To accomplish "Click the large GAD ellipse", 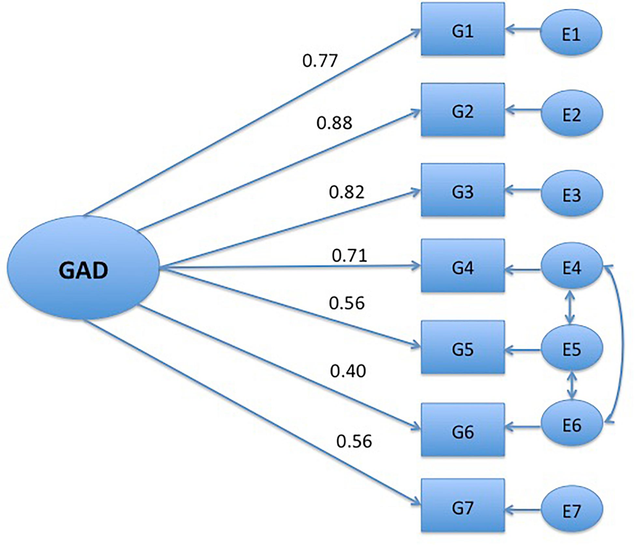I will click(x=83, y=271).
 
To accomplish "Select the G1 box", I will click(x=462, y=29).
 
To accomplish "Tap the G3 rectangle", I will click(x=462, y=190).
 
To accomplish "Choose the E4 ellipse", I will click(x=571, y=267).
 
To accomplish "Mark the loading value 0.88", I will click(x=334, y=123).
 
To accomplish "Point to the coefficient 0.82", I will click(x=347, y=192).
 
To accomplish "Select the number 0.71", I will click(x=349, y=256).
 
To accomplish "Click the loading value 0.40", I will click(x=348, y=371).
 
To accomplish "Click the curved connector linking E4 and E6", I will click(x=625, y=344).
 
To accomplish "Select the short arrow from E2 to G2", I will click(x=523, y=111).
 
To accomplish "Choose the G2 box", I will click(x=462, y=110).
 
